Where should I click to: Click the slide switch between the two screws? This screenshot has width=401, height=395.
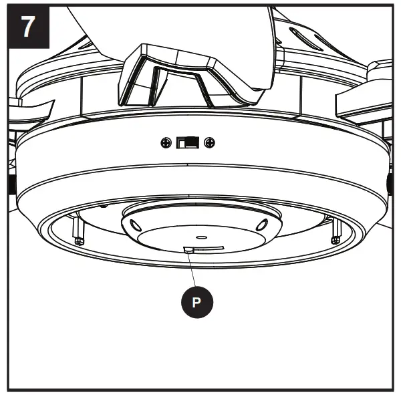pyautogui.click(x=188, y=142)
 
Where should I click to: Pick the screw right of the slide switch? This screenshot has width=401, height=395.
pyautogui.click(x=209, y=142)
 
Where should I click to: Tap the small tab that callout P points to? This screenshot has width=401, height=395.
pyautogui.click(x=189, y=249)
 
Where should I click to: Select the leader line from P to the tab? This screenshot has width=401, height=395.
pyautogui.click(x=192, y=270)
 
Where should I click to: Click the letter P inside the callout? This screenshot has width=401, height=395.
pyautogui.click(x=196, y=301)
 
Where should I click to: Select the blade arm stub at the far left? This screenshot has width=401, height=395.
pyautogui.click(x=30, y=107)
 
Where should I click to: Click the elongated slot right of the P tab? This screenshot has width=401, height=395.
pyautogui.click(x=211, y=248)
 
